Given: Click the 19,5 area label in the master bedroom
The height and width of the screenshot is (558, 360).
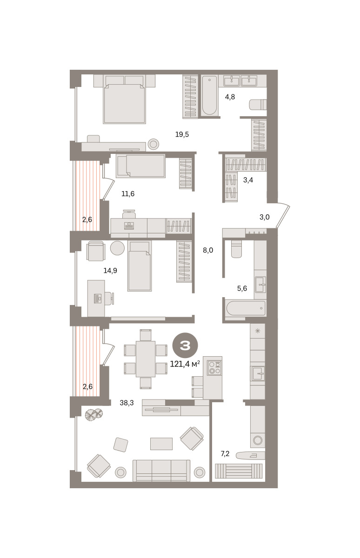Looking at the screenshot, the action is pyautogui.click(x=182, y=135).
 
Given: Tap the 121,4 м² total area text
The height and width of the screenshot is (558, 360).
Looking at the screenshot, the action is pyautogui.click(x=185, y=365).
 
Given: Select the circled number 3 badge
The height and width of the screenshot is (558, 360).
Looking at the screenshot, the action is pyautogui.click(x=185, y=345).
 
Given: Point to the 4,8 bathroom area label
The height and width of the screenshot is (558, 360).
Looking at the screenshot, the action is pyautogui.click(x=230, y=97).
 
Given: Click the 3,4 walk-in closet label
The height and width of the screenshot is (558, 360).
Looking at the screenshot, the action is pyautogui.click(x=248, y=180).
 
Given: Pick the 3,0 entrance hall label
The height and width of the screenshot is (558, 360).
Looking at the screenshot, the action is pyautogui.click(x=264, y=217).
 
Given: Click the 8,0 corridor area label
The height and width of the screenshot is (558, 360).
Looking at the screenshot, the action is pyautogui.click(x=208, y=250).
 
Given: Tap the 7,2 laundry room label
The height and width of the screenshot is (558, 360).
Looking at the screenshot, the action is pyautogui.click(x=225, y=454).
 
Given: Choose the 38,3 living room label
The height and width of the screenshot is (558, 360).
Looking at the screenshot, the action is pyautogui.click(x=127, y=403).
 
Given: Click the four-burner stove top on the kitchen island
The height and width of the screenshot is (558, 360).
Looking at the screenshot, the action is pyautogui.click(x=215, y=367).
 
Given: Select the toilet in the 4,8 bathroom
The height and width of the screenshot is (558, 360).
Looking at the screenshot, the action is pyautogui.click(x=258, y=104).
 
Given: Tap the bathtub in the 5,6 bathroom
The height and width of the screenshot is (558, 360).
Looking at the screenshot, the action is pyautogui.click(x=245, y=308).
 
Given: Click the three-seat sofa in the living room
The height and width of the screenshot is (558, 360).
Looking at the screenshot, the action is pyautogui.click(x=161, y=478).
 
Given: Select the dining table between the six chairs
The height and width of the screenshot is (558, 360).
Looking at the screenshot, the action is pyautogui.click(x=146, y=359).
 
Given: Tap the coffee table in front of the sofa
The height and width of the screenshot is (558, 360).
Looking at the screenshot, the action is pyautogui.click(x=161, y=444).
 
